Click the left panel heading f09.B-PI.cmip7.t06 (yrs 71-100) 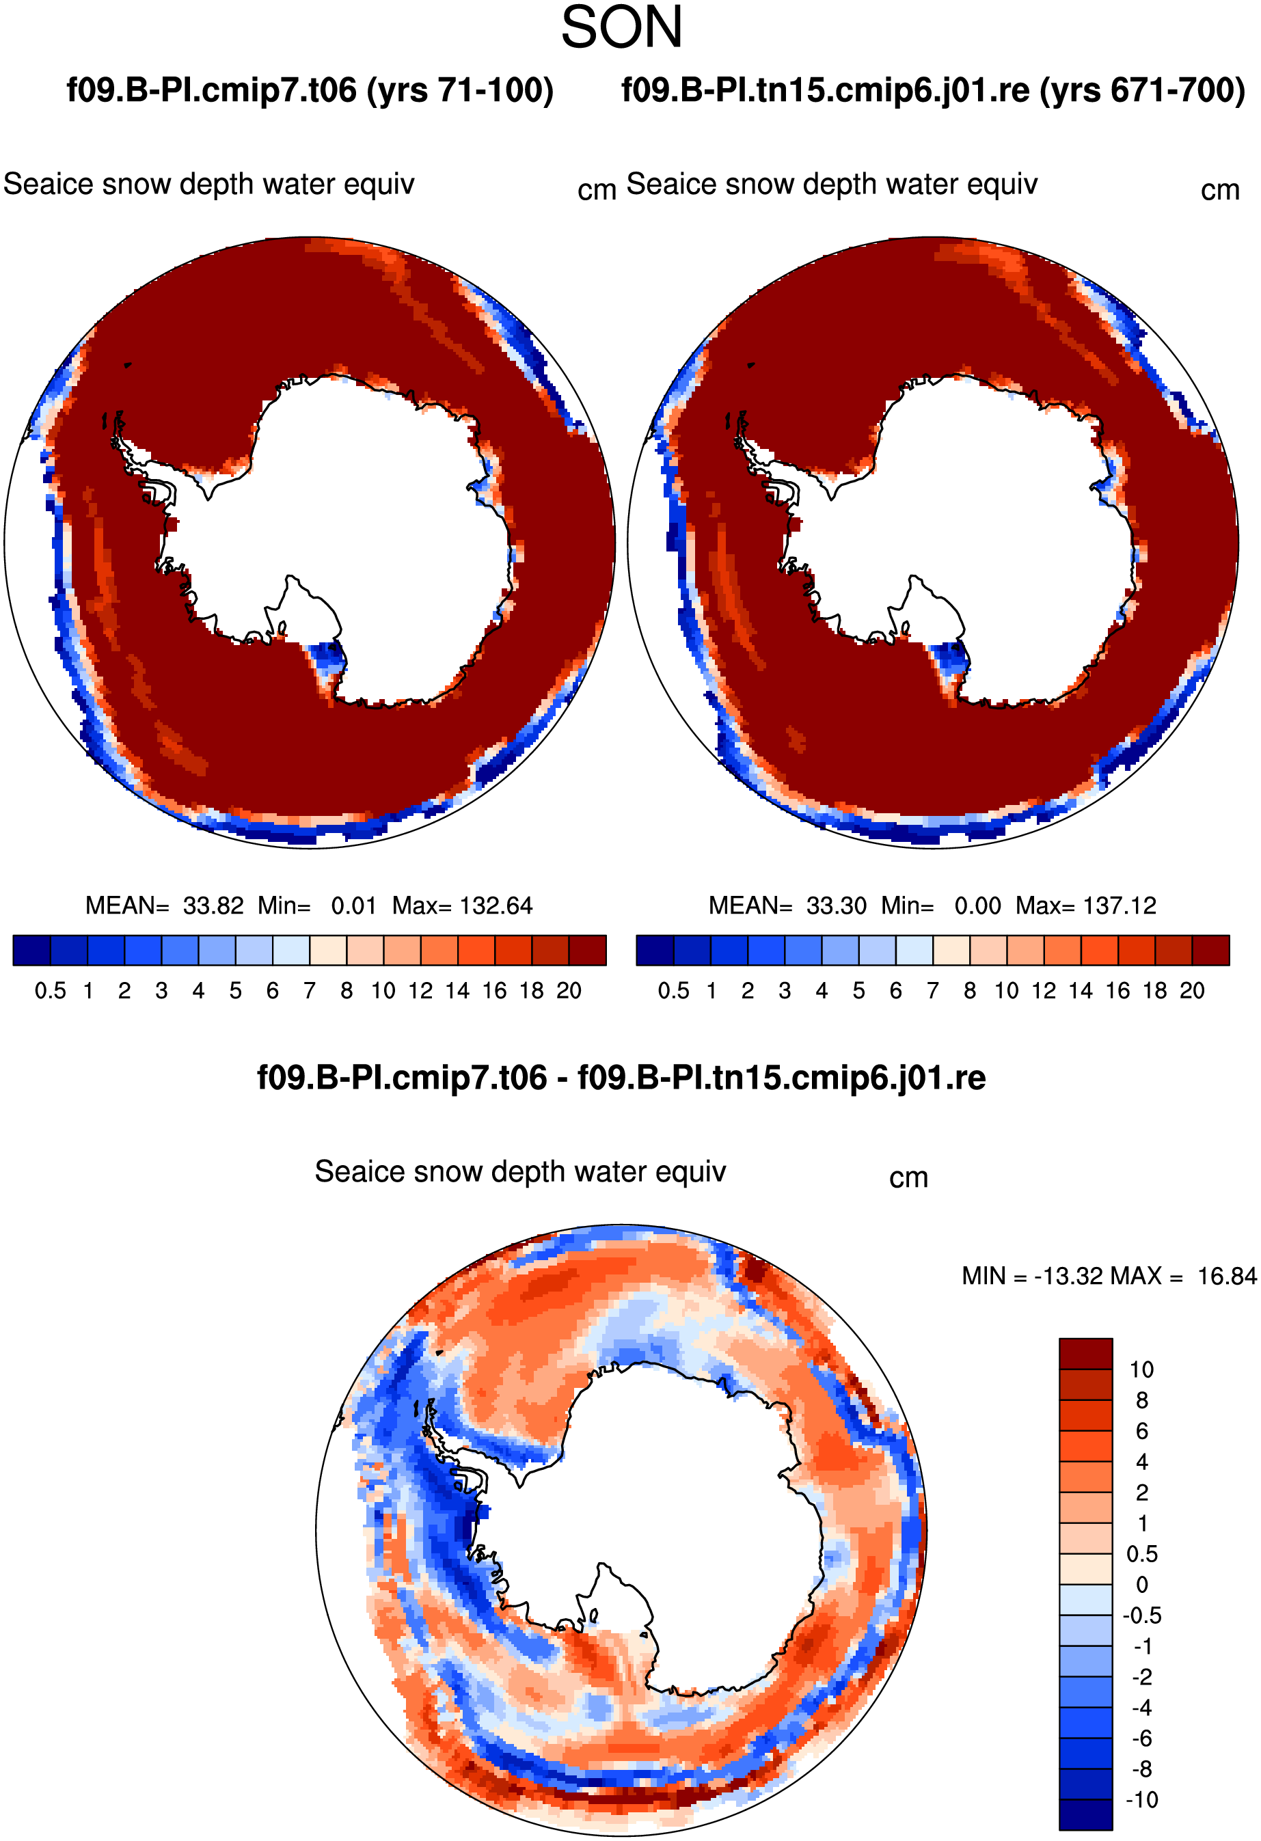click(310, 91)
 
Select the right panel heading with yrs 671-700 click(933, 91)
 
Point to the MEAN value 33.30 click(837, 905)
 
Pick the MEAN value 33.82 click(213, 905)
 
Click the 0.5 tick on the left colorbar click(50, 990)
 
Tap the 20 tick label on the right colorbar click(1192, 990)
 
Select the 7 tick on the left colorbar click(310, 990)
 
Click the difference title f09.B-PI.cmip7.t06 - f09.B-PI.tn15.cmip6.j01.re click(622, 1078)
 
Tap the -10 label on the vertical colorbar click(1142, 1799)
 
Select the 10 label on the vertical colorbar click(1141, 1369)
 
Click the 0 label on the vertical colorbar click(1141, 1584)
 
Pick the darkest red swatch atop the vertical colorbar click(1086, 1354)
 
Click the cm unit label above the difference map click(908, 1178)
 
